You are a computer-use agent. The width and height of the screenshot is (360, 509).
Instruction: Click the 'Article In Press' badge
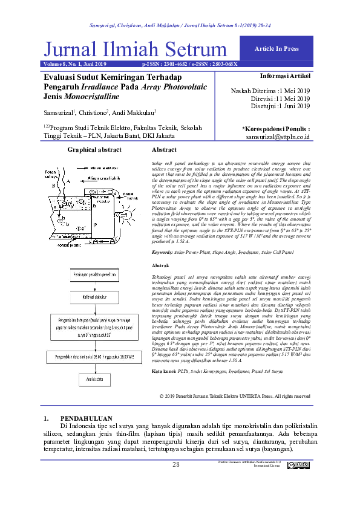[x=277, y=48]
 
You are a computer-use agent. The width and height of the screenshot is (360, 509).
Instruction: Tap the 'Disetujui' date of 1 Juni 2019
[x=294, y=106]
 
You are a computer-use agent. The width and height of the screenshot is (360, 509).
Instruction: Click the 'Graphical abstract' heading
[x=94, y=149]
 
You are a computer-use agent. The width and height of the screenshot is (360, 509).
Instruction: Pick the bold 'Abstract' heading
[x=164, y=149]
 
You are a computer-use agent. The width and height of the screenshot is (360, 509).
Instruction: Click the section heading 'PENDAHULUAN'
[x=87, y=418]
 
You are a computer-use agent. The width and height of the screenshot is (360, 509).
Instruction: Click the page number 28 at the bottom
[x=177, y=464]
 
